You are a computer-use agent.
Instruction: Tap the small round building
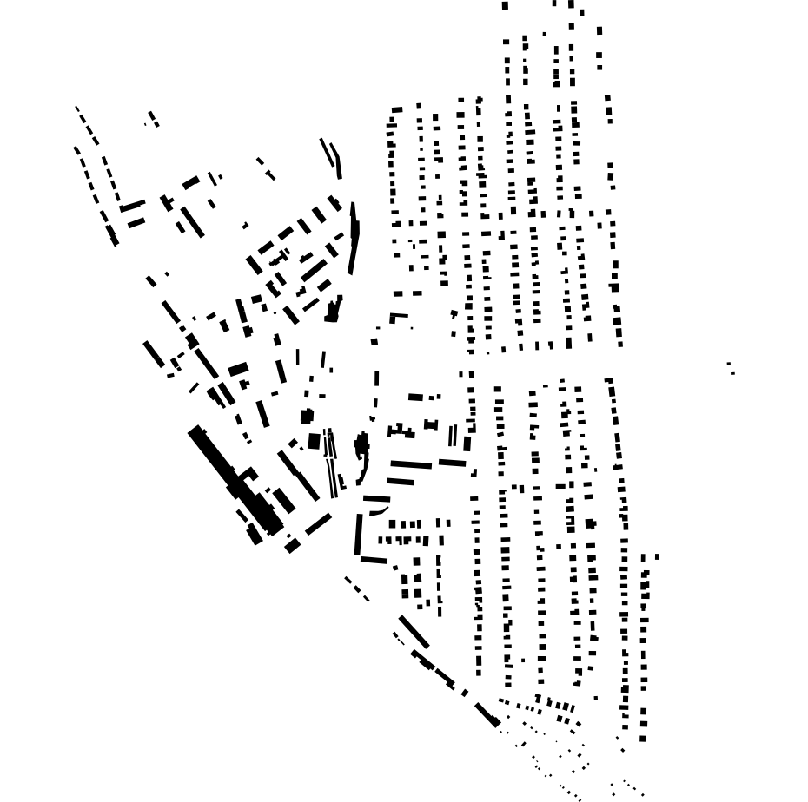[307, 417]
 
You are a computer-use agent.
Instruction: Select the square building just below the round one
[314, 441]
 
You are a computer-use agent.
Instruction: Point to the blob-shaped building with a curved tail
[361, 446]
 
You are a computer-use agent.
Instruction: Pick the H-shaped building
[431, 424]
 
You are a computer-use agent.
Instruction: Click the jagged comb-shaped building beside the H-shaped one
[401, 431]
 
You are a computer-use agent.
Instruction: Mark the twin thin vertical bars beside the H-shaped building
[452, 435]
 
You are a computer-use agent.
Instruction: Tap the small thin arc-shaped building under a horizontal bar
[378, 511]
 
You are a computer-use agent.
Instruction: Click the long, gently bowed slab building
[353, 239]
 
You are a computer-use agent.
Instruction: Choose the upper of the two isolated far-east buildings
[728, 364]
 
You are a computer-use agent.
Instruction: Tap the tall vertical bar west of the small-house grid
[358, 534]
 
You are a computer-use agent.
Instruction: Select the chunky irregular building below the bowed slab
[333, 310]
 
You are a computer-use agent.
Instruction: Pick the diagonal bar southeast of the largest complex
[318, 523]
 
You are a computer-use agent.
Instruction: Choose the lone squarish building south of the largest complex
[292, 546]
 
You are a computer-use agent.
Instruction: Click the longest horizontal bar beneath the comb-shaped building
[411, 464]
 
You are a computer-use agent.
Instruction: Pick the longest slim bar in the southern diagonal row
[414, 631]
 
